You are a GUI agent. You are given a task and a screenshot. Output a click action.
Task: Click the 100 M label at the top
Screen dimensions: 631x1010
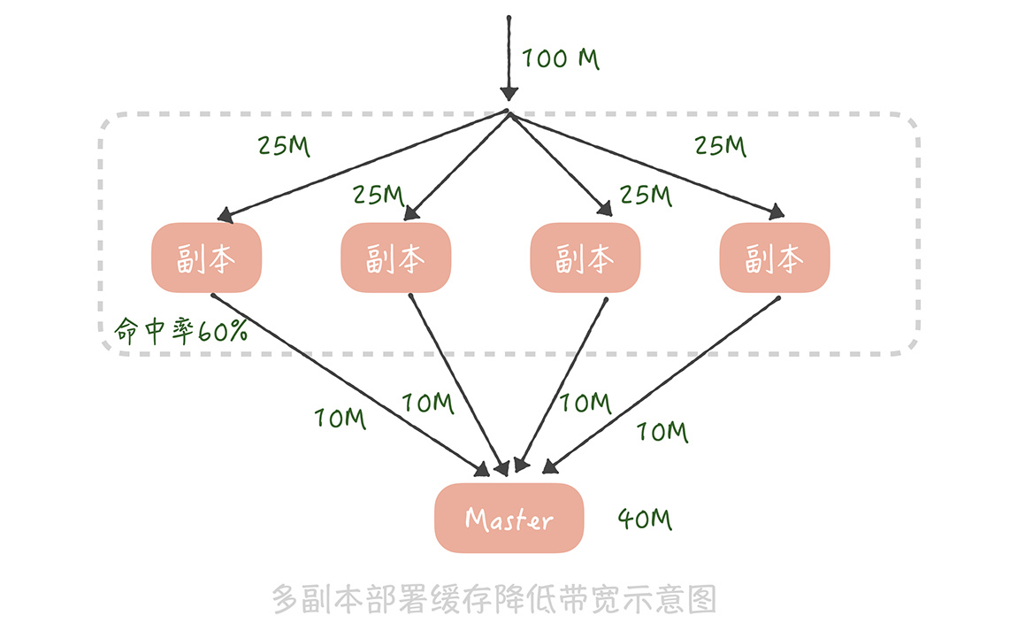click(560, 59)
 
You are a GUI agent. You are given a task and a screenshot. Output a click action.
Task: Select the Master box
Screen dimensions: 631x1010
click(509, 519)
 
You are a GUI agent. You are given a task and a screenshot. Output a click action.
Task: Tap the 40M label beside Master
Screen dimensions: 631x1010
click(645, 519)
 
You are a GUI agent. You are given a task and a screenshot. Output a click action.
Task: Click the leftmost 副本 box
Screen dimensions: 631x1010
click(206, 258)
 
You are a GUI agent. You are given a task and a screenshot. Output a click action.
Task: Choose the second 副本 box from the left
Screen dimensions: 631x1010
click(395, 258)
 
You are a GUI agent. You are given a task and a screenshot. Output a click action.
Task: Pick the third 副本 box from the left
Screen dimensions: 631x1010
click(585, 258)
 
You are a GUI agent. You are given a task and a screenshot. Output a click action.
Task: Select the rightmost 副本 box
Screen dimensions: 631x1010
click(774, 258)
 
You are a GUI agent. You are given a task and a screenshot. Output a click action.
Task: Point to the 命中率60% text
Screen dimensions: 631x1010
click(180, 330)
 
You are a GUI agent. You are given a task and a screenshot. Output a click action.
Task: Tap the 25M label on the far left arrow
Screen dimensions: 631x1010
click(284, 145)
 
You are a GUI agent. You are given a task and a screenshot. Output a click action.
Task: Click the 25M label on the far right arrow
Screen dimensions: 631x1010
click(720, 145)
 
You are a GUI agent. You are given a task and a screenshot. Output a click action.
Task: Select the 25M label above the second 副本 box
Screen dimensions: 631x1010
click(379, 195)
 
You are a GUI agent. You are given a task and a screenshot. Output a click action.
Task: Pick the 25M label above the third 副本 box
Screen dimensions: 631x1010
click(646, 195)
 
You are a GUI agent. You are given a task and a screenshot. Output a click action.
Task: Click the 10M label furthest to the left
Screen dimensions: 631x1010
click(340, 418)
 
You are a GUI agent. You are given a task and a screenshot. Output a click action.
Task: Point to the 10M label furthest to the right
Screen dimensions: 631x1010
click(662, 432)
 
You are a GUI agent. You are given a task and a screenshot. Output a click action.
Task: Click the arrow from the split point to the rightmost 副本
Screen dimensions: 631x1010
click(646, 164)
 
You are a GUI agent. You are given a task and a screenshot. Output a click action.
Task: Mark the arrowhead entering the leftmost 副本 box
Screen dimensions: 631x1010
click(226, 214)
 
